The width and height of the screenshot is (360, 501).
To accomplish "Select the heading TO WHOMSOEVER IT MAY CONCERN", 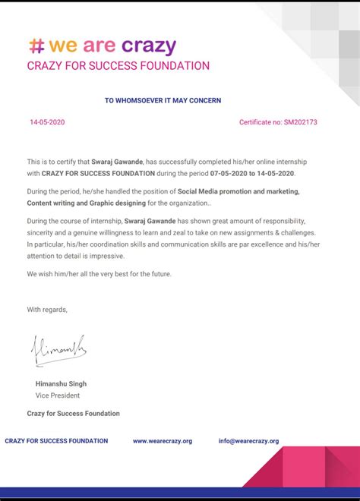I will coord(163,100).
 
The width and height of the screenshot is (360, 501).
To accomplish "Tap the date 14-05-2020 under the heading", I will coord(48,122).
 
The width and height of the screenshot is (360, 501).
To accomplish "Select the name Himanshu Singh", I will coord(61,384).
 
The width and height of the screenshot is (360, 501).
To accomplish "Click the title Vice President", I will coord(57,395).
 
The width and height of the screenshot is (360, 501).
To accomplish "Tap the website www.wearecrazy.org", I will coord(163,441).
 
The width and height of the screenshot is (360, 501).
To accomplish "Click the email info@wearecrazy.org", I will coord(248,441).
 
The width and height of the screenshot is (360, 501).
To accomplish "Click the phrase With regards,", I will coord(47,309).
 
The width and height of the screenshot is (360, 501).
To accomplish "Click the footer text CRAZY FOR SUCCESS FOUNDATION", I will coord(56,441).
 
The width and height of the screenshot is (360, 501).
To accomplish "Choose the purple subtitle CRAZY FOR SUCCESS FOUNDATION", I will coord(118,66).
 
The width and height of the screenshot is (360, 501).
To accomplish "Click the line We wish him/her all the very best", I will coord(99,273).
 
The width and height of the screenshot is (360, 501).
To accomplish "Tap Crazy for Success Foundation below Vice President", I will coord(73,414).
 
